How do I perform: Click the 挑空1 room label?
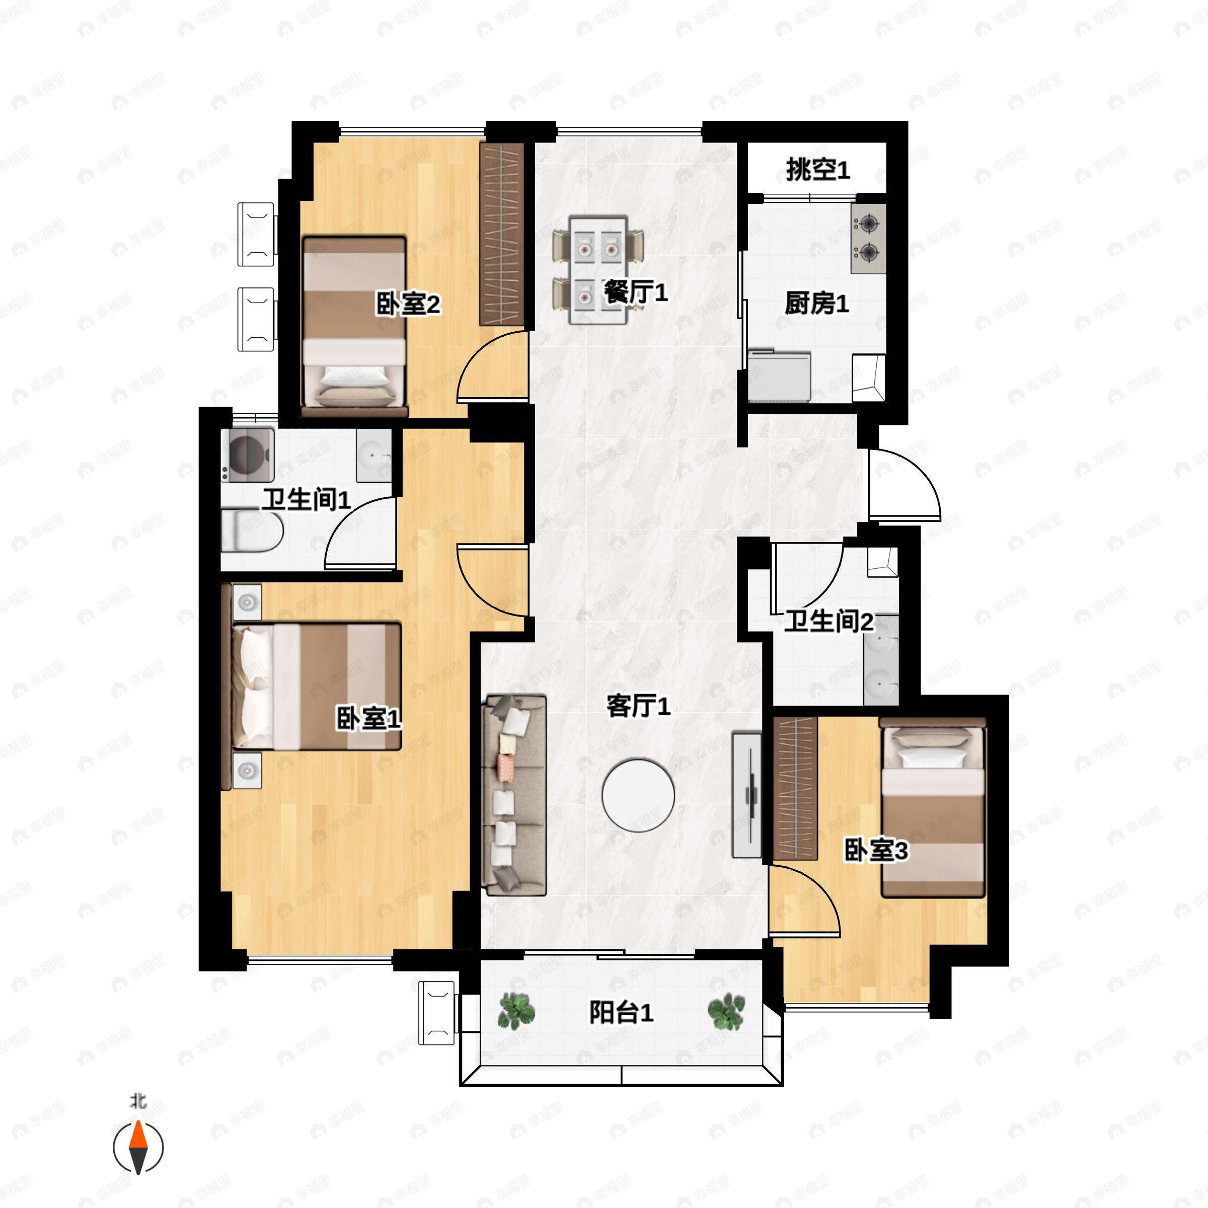click(817, 170)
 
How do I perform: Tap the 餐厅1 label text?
click(635, 291)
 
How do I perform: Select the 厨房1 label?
click(816, 304)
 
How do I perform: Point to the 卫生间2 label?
click(828, 622)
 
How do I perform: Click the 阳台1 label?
click(621, 1012)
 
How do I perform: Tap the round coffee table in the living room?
click(638, 795)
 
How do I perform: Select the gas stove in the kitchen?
click(868, 238)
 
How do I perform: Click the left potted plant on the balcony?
click(516, 1011)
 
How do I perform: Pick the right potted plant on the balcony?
click(726, 1011)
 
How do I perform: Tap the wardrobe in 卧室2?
click(501, 235)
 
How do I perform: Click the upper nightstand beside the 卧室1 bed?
click(247, 601)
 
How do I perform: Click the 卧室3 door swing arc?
click(806, 900)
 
